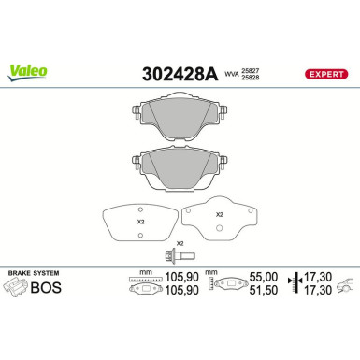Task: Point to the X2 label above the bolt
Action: tap(180, 242)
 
